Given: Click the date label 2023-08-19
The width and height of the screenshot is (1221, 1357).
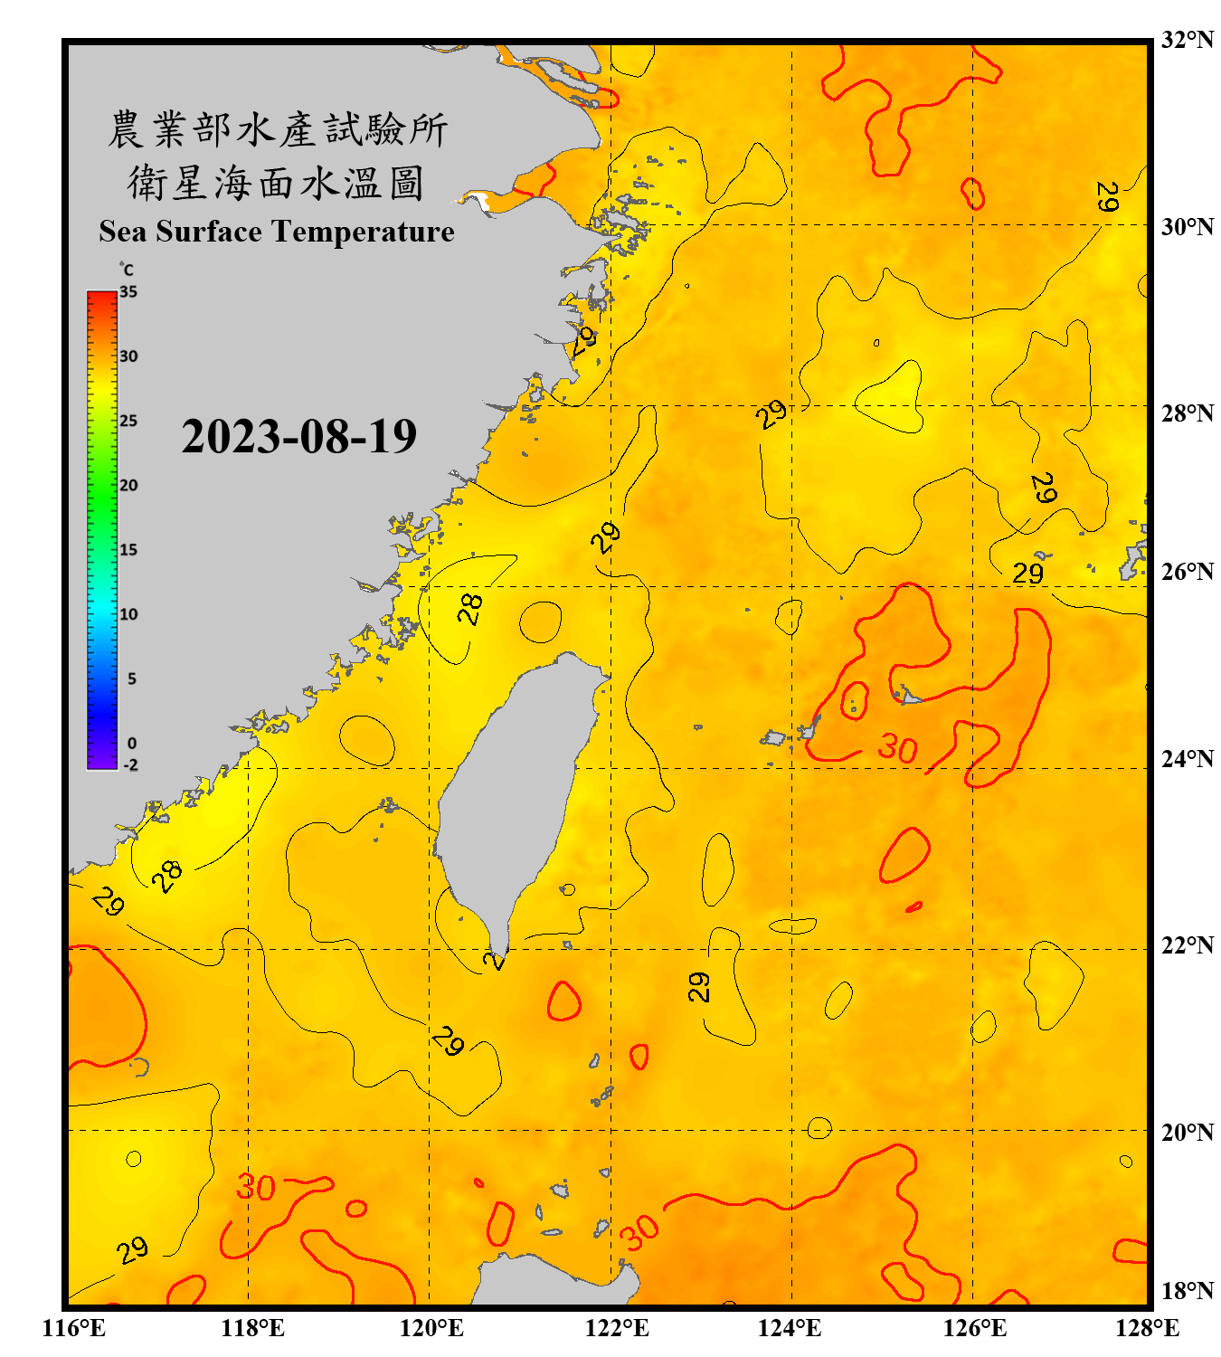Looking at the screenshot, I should pyautogui.click(x=298, y=437).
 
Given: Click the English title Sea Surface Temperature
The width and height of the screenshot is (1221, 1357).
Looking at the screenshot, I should pyautogui.click(x=277, y=232).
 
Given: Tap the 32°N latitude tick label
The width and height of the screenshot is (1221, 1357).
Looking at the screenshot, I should pyautogui.click(x=1187, y=40).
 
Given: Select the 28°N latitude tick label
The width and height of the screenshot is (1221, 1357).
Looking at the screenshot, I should pyautogui.click(x=1187, y=413).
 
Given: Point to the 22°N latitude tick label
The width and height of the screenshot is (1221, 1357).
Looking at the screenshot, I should pyautogui.click(x=1187, y=945).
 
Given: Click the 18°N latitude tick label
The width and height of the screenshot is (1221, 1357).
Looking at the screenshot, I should pyautogui.click(x=1187, y=1291).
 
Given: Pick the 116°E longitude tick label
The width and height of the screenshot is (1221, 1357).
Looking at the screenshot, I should pyautogui.click(x=74, y=1328).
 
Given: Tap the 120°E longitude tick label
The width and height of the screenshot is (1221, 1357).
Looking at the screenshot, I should pyautogui.click(x=431, y=1328).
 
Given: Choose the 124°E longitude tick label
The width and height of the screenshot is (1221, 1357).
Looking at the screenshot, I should pyautogui.click(x=790, y=1328).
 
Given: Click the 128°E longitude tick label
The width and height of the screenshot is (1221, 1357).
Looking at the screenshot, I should pyautogui.click(x=1147, y=1328).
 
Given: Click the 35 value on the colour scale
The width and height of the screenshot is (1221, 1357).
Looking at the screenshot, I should pyautogui.click(x=128, y=292).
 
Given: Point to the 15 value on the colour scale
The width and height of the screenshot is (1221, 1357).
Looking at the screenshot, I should pyautogui.click(x=128, y=550).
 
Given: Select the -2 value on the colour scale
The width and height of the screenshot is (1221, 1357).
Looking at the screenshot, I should pyautogui.click(x=130, y=764).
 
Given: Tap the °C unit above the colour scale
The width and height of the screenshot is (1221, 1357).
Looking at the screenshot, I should pyautogui.click(x=127, y=270).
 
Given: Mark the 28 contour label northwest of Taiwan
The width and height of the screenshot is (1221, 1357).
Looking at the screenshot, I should pyautogui.click(x=470, y=609).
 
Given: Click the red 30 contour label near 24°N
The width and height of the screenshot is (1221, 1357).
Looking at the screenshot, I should pyautogui.click(x=897, y=748).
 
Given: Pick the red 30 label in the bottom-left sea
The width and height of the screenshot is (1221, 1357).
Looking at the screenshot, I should pyautogui.click(x=255, y=1188).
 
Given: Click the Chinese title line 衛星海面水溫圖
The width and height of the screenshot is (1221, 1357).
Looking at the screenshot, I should pyautogui.click(x=276, y=184).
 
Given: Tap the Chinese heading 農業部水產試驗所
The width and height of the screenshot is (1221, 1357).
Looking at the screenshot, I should pyautogui.click(x=277, y=129).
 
